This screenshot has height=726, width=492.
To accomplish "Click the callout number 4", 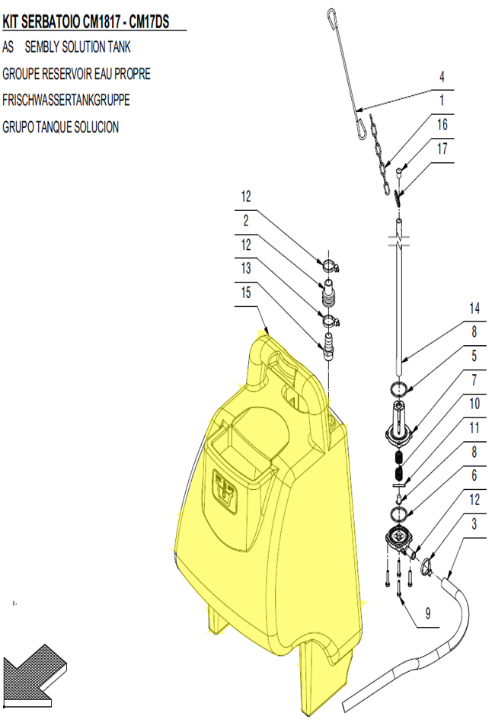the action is (x=442, y=76).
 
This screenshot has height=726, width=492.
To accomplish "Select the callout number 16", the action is (x=442, y=124).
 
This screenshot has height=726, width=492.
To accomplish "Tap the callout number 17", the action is (x=442, y=149).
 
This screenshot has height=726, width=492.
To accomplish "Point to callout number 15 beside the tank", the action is (x=246, y=293).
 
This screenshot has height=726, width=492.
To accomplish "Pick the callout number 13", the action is (x=246, y=268).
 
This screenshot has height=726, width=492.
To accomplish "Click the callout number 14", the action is (x=474, y=308).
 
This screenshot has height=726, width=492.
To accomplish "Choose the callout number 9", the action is (x=428, y=613).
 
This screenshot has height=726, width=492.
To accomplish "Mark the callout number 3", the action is (x=474, y=523).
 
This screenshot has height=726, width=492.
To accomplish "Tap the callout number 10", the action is (x=474, y=403).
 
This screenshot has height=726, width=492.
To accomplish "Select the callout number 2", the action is (x=246, y=220).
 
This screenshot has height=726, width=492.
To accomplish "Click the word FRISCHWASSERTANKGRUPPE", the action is (x=66, y=100).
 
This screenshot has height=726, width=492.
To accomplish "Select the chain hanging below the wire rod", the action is (x=381, y=155).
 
